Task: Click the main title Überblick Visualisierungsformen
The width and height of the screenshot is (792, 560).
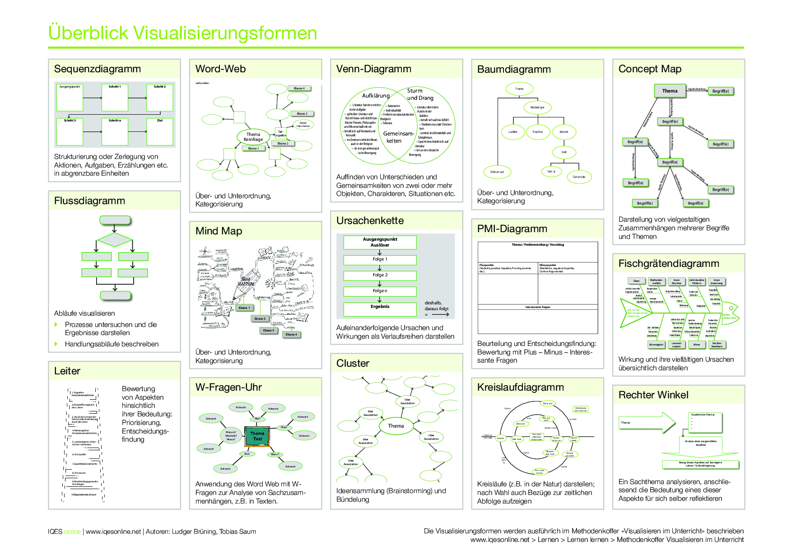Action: tap(182, 33)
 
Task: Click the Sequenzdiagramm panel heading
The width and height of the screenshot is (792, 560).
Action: tap(98, 69)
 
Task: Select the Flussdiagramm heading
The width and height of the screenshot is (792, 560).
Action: tap(89, 201)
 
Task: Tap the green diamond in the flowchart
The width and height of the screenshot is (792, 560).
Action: tap(115, 239)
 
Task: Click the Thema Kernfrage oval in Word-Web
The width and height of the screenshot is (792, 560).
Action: tap(253, 137)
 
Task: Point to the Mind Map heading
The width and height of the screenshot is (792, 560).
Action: tap(219, 231)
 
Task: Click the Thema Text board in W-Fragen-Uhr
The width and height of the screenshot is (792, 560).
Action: tap(257, 436)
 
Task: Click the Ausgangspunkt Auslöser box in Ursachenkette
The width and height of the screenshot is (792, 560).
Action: tap(380, 242)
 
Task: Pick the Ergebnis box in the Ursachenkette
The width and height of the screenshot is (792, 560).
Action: tap(380, 308)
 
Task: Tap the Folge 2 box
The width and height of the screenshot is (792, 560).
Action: tap(380, 275)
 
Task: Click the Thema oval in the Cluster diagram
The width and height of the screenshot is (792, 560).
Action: tap(396, 426)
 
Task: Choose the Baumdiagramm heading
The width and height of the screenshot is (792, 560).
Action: tap(514, 70)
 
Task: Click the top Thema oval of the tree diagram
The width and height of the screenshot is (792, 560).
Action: tap(519, 89)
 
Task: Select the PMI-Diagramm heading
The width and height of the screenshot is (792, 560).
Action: tap(512, 229)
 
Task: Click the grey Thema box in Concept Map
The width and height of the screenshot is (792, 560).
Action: tap(670, 91)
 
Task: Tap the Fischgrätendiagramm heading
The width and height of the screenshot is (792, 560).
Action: tap(669, 264)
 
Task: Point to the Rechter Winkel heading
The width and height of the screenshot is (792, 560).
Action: tap(653, 395)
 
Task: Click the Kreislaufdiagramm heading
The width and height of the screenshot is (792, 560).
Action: tap(520, 387)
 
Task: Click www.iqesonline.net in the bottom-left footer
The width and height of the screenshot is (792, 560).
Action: tap(113, 532)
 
